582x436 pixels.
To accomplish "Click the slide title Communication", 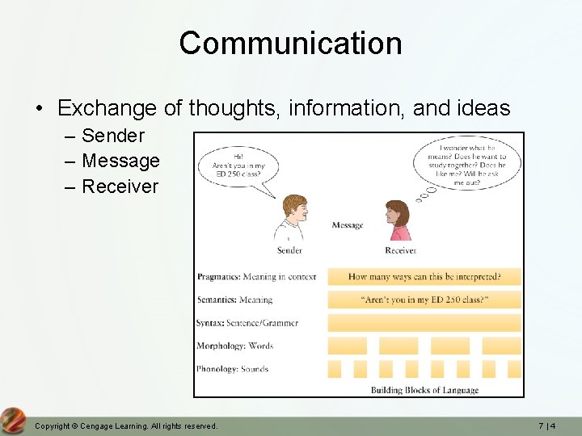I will (x=290, y=43).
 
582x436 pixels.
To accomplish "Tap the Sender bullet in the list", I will (x=112, y=136).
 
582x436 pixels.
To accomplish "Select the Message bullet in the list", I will (x=120, y=161).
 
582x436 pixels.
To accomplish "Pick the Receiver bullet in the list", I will (x=120, y=187).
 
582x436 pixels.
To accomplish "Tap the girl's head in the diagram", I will (x=397, y=216).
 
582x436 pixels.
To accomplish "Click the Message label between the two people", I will (x=348, y=225).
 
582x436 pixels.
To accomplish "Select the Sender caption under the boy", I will (x=289, y=250).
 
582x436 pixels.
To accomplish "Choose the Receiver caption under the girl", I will (x=400, y=250).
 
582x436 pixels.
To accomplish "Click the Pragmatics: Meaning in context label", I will (x=256, y=277).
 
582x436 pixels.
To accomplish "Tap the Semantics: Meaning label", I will (x=234, y=300).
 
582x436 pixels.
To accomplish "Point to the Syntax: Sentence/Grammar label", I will (x=247, y=323).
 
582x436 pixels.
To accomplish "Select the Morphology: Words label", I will (x=234, y=346).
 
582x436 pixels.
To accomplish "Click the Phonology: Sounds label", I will (x=232, y=369).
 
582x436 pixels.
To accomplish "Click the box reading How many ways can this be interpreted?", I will (x=424, y=277).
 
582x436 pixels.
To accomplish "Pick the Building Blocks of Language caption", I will (x=424, y=390).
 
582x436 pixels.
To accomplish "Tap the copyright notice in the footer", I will (x=126, y=426).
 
